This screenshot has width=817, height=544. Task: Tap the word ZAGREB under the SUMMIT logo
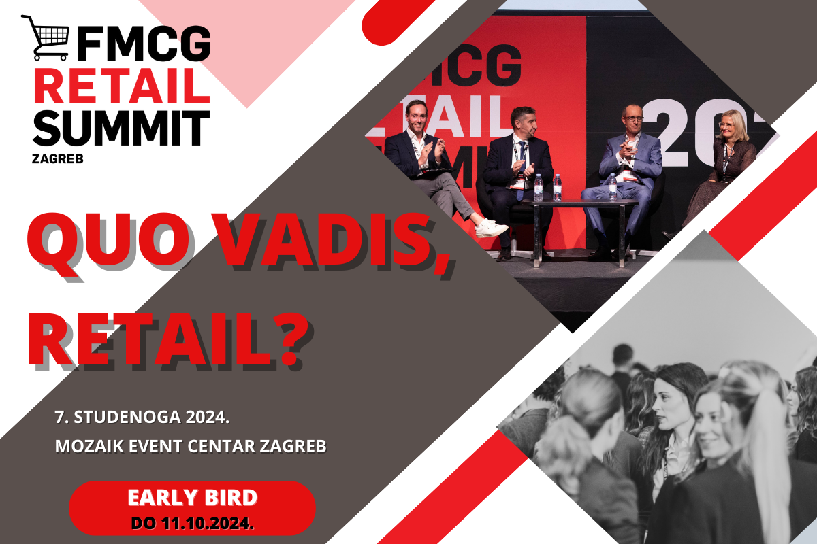point(58,159)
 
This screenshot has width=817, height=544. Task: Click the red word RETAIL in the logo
point(122,86)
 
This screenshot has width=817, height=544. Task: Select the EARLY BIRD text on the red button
point(193,498)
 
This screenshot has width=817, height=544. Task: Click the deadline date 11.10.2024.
point(208,524)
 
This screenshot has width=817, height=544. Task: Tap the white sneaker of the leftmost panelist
point(491,228)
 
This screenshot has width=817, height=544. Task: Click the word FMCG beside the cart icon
point(144,43)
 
